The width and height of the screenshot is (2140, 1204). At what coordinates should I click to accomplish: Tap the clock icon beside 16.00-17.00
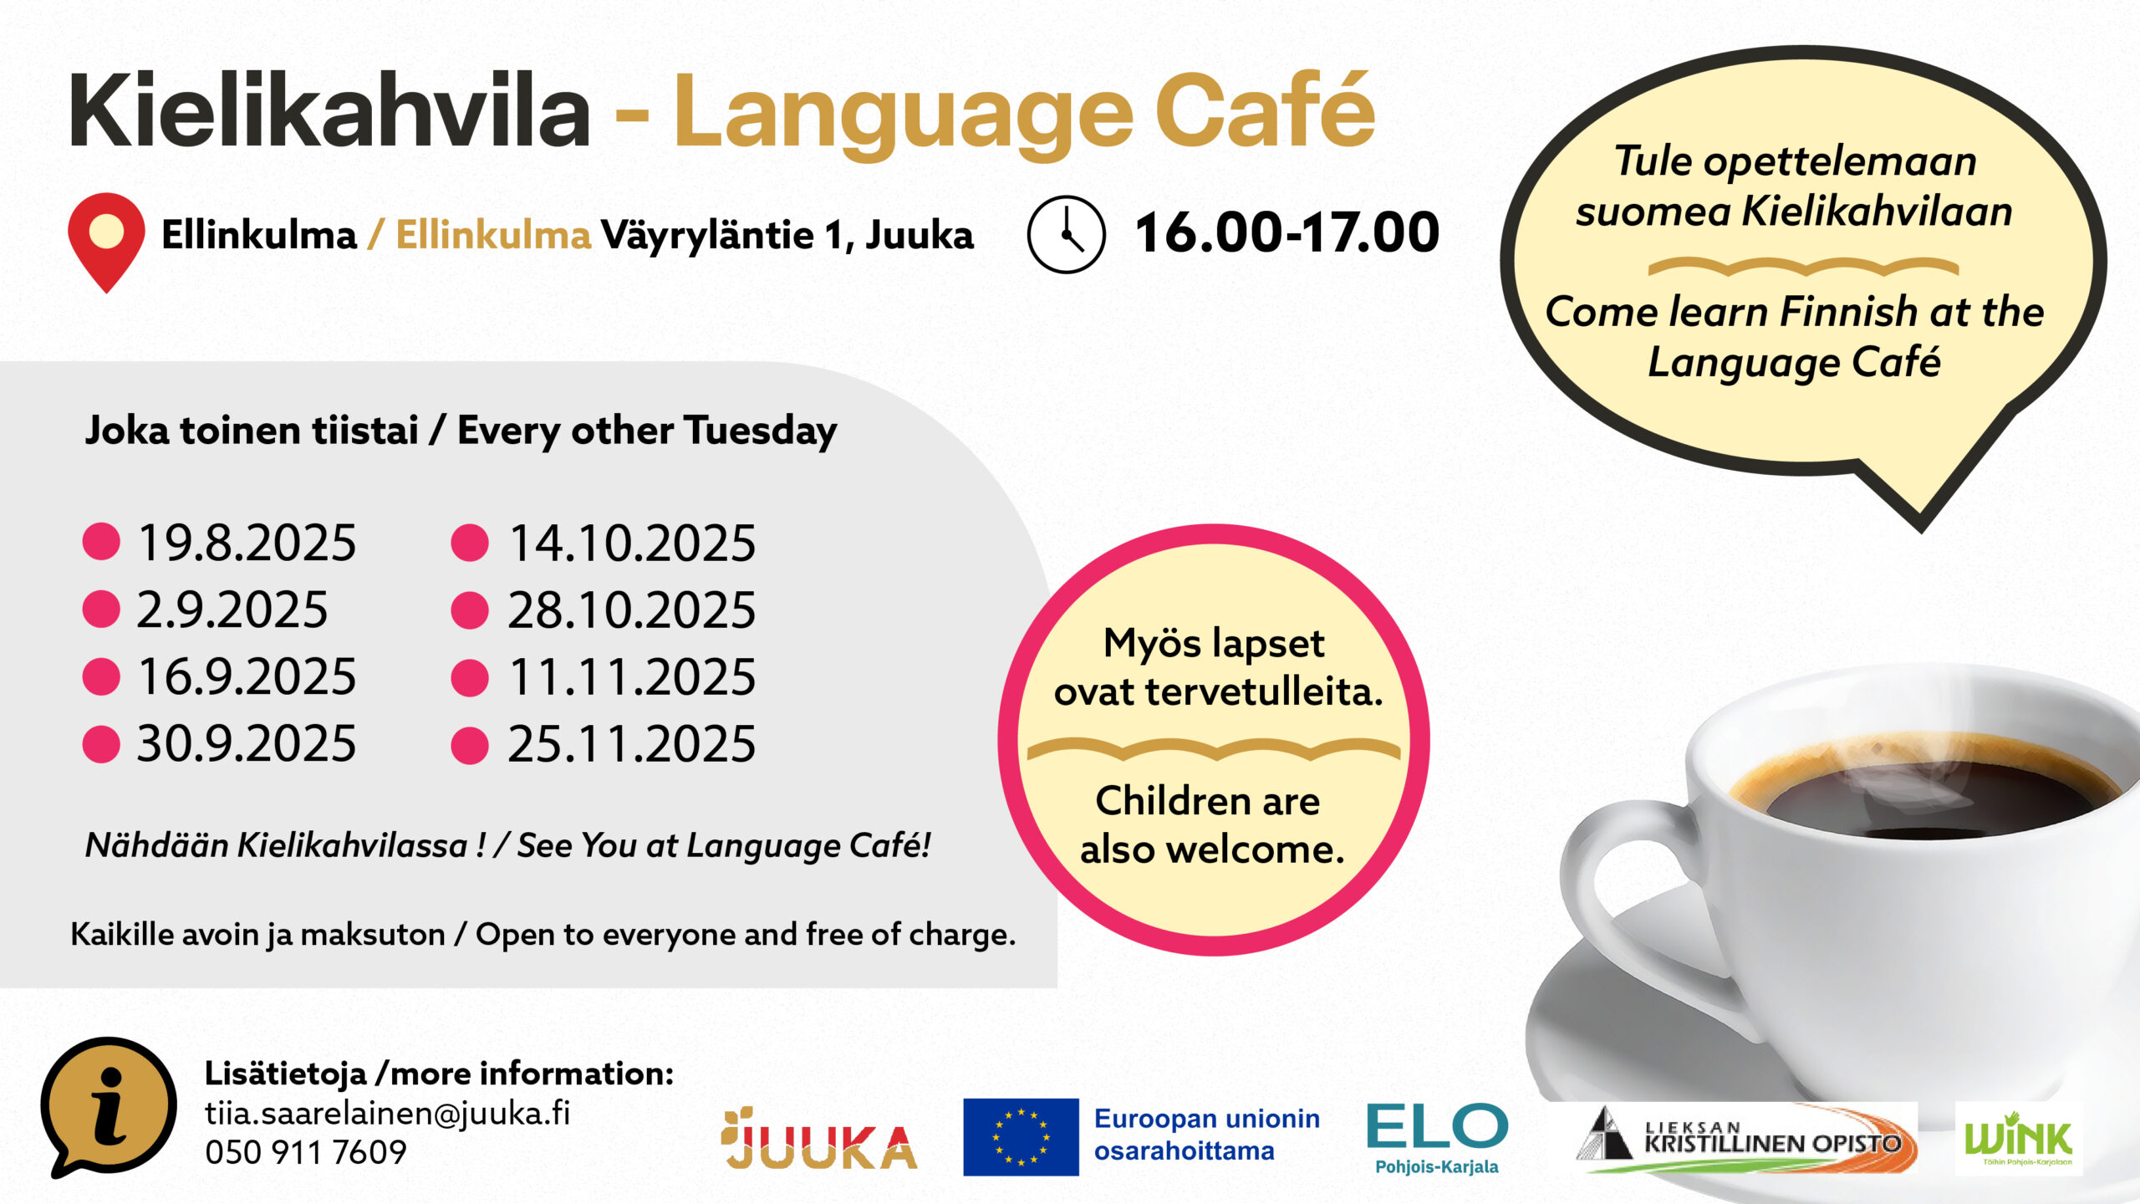point(1066,234)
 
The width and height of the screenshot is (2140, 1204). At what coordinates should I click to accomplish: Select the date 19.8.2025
point(247,543)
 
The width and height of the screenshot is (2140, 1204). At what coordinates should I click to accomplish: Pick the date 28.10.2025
point(631,610)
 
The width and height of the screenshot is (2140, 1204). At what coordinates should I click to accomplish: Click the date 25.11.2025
point(631,743)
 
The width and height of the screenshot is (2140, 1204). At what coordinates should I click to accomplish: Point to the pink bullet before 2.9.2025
point(101,610)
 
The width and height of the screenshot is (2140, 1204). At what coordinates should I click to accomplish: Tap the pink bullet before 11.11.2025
point(470,677)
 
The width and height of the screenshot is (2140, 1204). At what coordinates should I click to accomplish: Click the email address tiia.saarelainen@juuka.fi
point(388,1114)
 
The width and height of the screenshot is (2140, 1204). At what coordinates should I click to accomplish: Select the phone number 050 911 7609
point(306,1152)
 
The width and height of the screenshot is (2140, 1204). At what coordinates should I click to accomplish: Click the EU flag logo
point(1021,1137)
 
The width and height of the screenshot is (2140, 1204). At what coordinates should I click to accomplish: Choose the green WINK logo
point(2018,1139)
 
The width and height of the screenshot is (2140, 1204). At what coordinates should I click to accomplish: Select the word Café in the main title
point(1265,110)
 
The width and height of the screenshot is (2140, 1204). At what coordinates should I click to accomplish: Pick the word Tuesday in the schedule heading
point(760,431)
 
